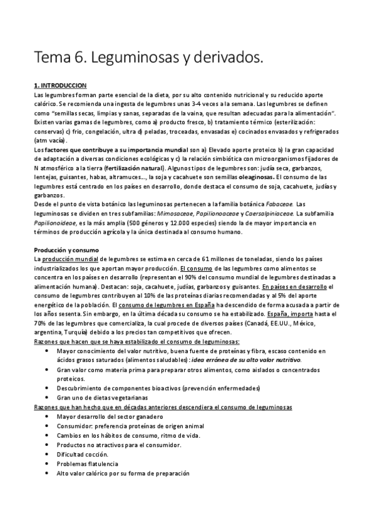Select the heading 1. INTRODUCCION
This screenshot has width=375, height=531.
point(60,85)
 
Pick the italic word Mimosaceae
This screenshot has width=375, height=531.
point(173,196)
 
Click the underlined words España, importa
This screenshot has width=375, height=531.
point(280,313)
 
